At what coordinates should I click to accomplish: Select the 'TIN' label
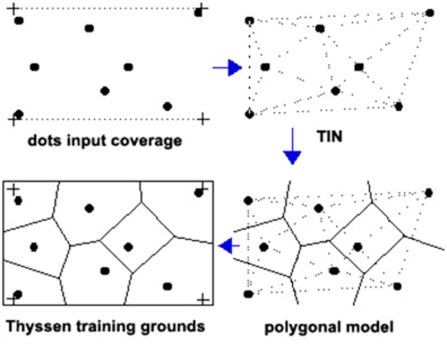[329, 136]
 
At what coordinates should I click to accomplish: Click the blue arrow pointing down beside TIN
[292, 146]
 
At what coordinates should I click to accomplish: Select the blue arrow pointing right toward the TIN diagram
[227, 68]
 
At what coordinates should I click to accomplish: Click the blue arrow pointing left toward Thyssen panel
[229, 245]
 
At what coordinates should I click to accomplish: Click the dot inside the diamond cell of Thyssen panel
[129, 247]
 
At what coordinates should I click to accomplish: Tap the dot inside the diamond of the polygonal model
[358, 247]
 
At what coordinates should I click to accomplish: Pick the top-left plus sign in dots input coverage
[12, 9]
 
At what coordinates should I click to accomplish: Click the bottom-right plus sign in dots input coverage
[203, 119]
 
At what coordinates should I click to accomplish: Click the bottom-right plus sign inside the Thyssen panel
[203, 300]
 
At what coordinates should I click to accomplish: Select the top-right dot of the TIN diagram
[430, 13]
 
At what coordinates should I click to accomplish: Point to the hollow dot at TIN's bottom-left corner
[249, 114]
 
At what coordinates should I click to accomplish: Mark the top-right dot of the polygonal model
[429, 193]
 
